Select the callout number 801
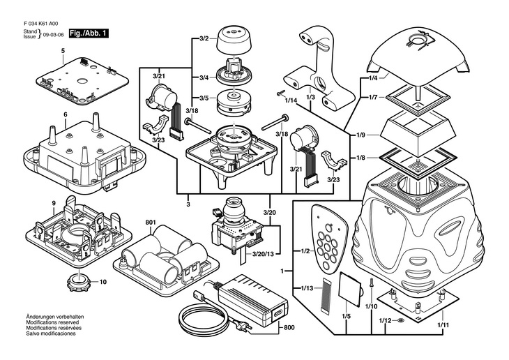click(x=151, y=223)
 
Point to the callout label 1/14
click(x=291, y=100)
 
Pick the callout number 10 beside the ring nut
click(x=102, y=283)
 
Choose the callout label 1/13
click(x=305, y=289)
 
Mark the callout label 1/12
click(x=384, y=320)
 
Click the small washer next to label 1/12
click(x=400, y=320)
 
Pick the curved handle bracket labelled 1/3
click(x=318, y=70)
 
